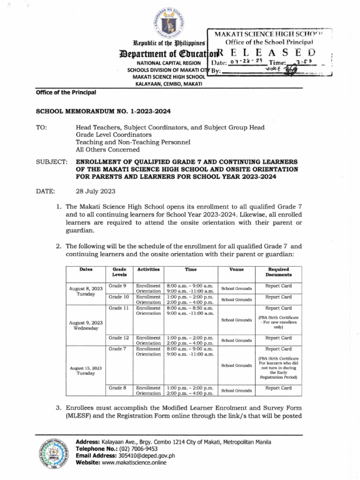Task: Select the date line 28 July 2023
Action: point(96,191)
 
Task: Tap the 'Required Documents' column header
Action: point(278,272)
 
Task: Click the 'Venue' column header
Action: point(236,270)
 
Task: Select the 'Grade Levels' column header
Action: point(119,272)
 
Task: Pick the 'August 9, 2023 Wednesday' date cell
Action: point(86,325)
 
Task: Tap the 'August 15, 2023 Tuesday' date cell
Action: point(86,370)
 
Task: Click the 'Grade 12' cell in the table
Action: point(119,337)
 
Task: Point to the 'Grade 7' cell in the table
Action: point(118,349)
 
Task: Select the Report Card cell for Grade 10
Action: point(278,297)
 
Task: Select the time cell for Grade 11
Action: point(190,311)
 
